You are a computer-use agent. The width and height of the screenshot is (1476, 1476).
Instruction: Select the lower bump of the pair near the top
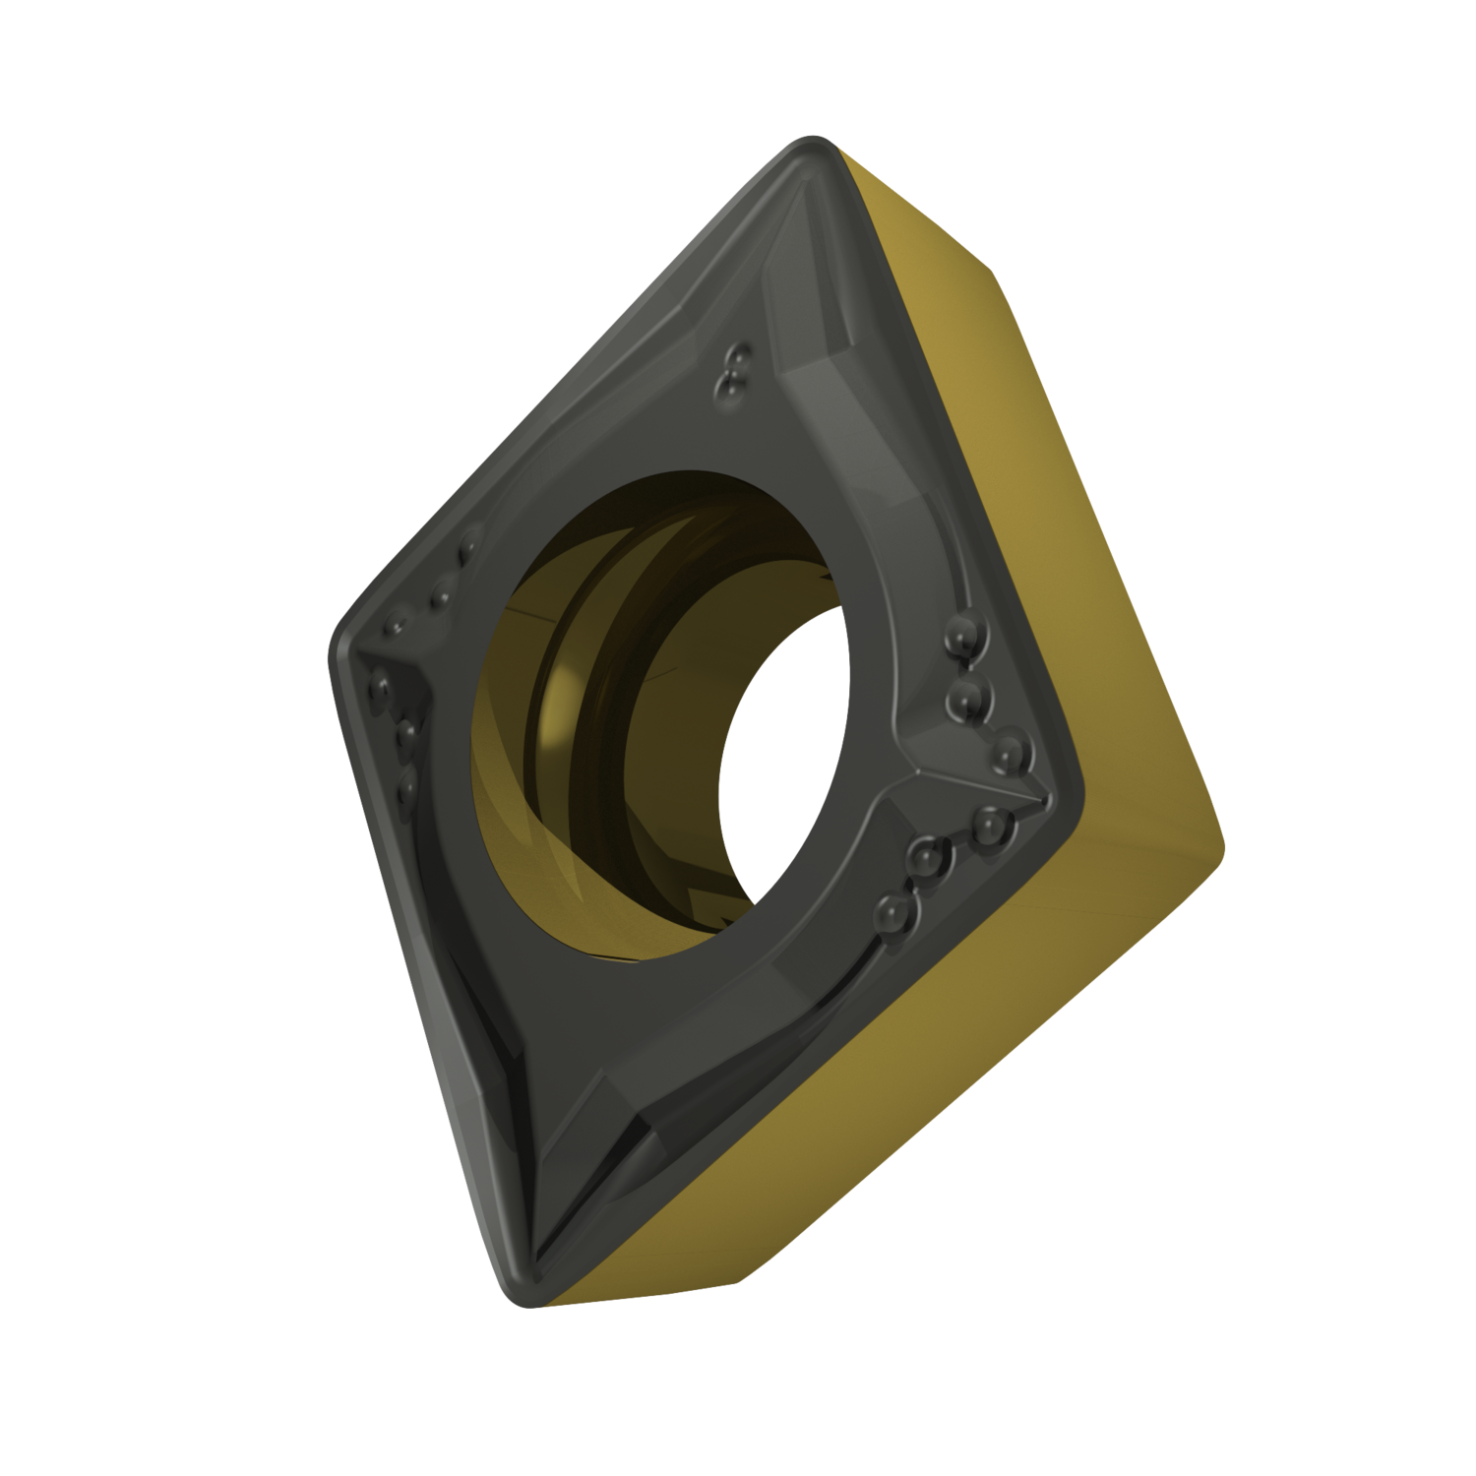(x=728, y=390)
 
